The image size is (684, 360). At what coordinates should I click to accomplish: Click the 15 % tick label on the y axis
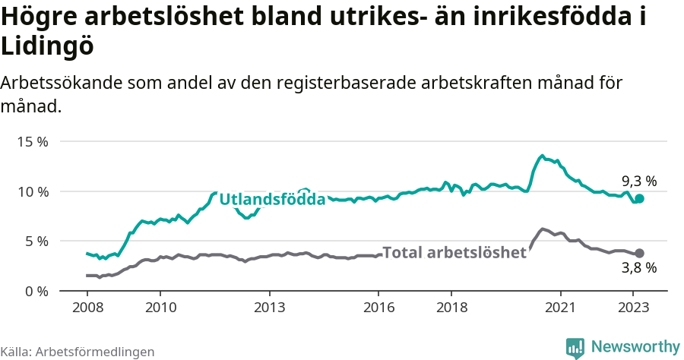click(x=33, y=142)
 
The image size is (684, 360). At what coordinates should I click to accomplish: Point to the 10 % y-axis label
click(x=33, y=191)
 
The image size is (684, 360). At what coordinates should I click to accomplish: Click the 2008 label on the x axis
click(x=87, y=308)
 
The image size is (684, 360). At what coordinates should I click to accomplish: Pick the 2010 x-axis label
click(x=160, y=308)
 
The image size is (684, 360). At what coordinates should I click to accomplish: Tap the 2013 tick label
click(x=269, y=308)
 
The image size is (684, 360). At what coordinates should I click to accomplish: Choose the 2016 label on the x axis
click(x=378, y=308)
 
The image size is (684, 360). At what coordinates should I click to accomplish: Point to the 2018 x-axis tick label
click(x=451, y=308)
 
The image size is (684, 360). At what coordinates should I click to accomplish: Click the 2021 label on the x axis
click(x=561, y=308)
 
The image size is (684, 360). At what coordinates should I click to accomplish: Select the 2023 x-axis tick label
click(x=634, y=308)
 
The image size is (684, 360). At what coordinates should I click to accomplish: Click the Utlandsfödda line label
click(x=272, y=200)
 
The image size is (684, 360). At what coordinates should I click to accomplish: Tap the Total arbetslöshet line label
click(x=454, y=253)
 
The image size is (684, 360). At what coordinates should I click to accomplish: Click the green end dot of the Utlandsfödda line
click(x=640, y=198)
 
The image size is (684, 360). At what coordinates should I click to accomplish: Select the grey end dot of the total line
click(x=640, y=253)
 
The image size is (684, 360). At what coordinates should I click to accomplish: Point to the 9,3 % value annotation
click(x=638, y=182)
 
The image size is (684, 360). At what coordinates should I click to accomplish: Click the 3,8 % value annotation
click(x=638, y=268)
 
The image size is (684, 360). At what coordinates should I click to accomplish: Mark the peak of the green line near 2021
click(x=542, y=156)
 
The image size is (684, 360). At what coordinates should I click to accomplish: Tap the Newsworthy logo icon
click(x=575, y=347)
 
